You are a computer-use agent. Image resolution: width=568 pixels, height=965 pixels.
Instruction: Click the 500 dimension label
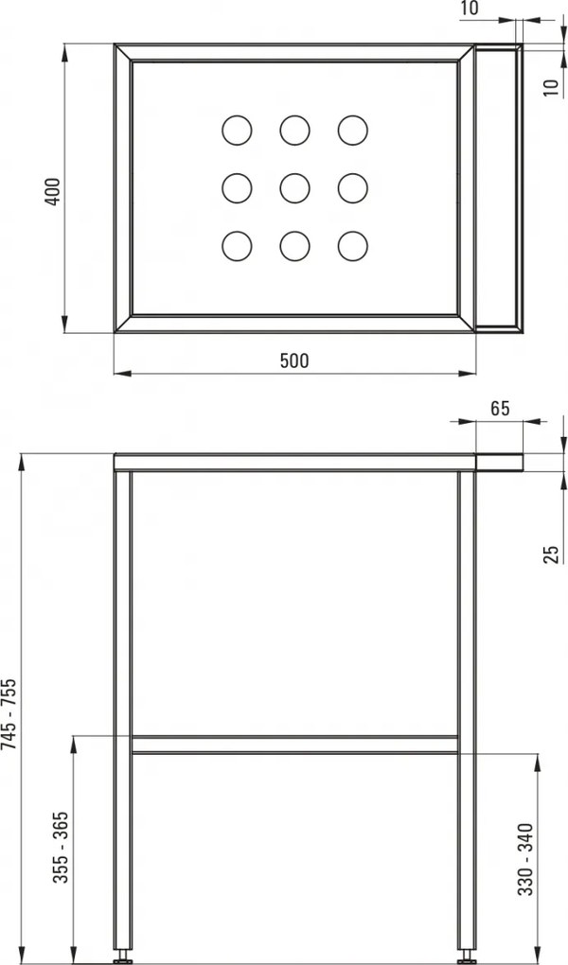294,360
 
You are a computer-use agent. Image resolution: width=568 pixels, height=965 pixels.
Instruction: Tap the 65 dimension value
501,409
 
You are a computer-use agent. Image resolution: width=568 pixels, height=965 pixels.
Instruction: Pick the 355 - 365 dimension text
60,848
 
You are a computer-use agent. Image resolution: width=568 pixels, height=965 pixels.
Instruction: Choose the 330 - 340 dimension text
527,859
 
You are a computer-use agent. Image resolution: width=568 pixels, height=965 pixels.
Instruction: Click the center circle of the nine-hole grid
294,187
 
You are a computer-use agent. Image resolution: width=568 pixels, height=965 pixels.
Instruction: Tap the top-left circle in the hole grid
237,130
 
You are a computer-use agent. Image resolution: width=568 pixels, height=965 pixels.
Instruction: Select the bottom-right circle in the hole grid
352,246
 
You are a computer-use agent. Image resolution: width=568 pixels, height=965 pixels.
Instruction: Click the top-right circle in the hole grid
352,130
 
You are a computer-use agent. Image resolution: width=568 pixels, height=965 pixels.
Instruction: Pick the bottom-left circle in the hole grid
237,246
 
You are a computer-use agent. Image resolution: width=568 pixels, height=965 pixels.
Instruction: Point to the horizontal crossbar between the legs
294,744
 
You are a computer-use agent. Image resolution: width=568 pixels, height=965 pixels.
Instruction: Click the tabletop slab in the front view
294,462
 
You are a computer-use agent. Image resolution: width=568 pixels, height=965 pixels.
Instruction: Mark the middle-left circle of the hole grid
237,187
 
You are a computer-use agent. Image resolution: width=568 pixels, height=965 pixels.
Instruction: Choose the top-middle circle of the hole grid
294,130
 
